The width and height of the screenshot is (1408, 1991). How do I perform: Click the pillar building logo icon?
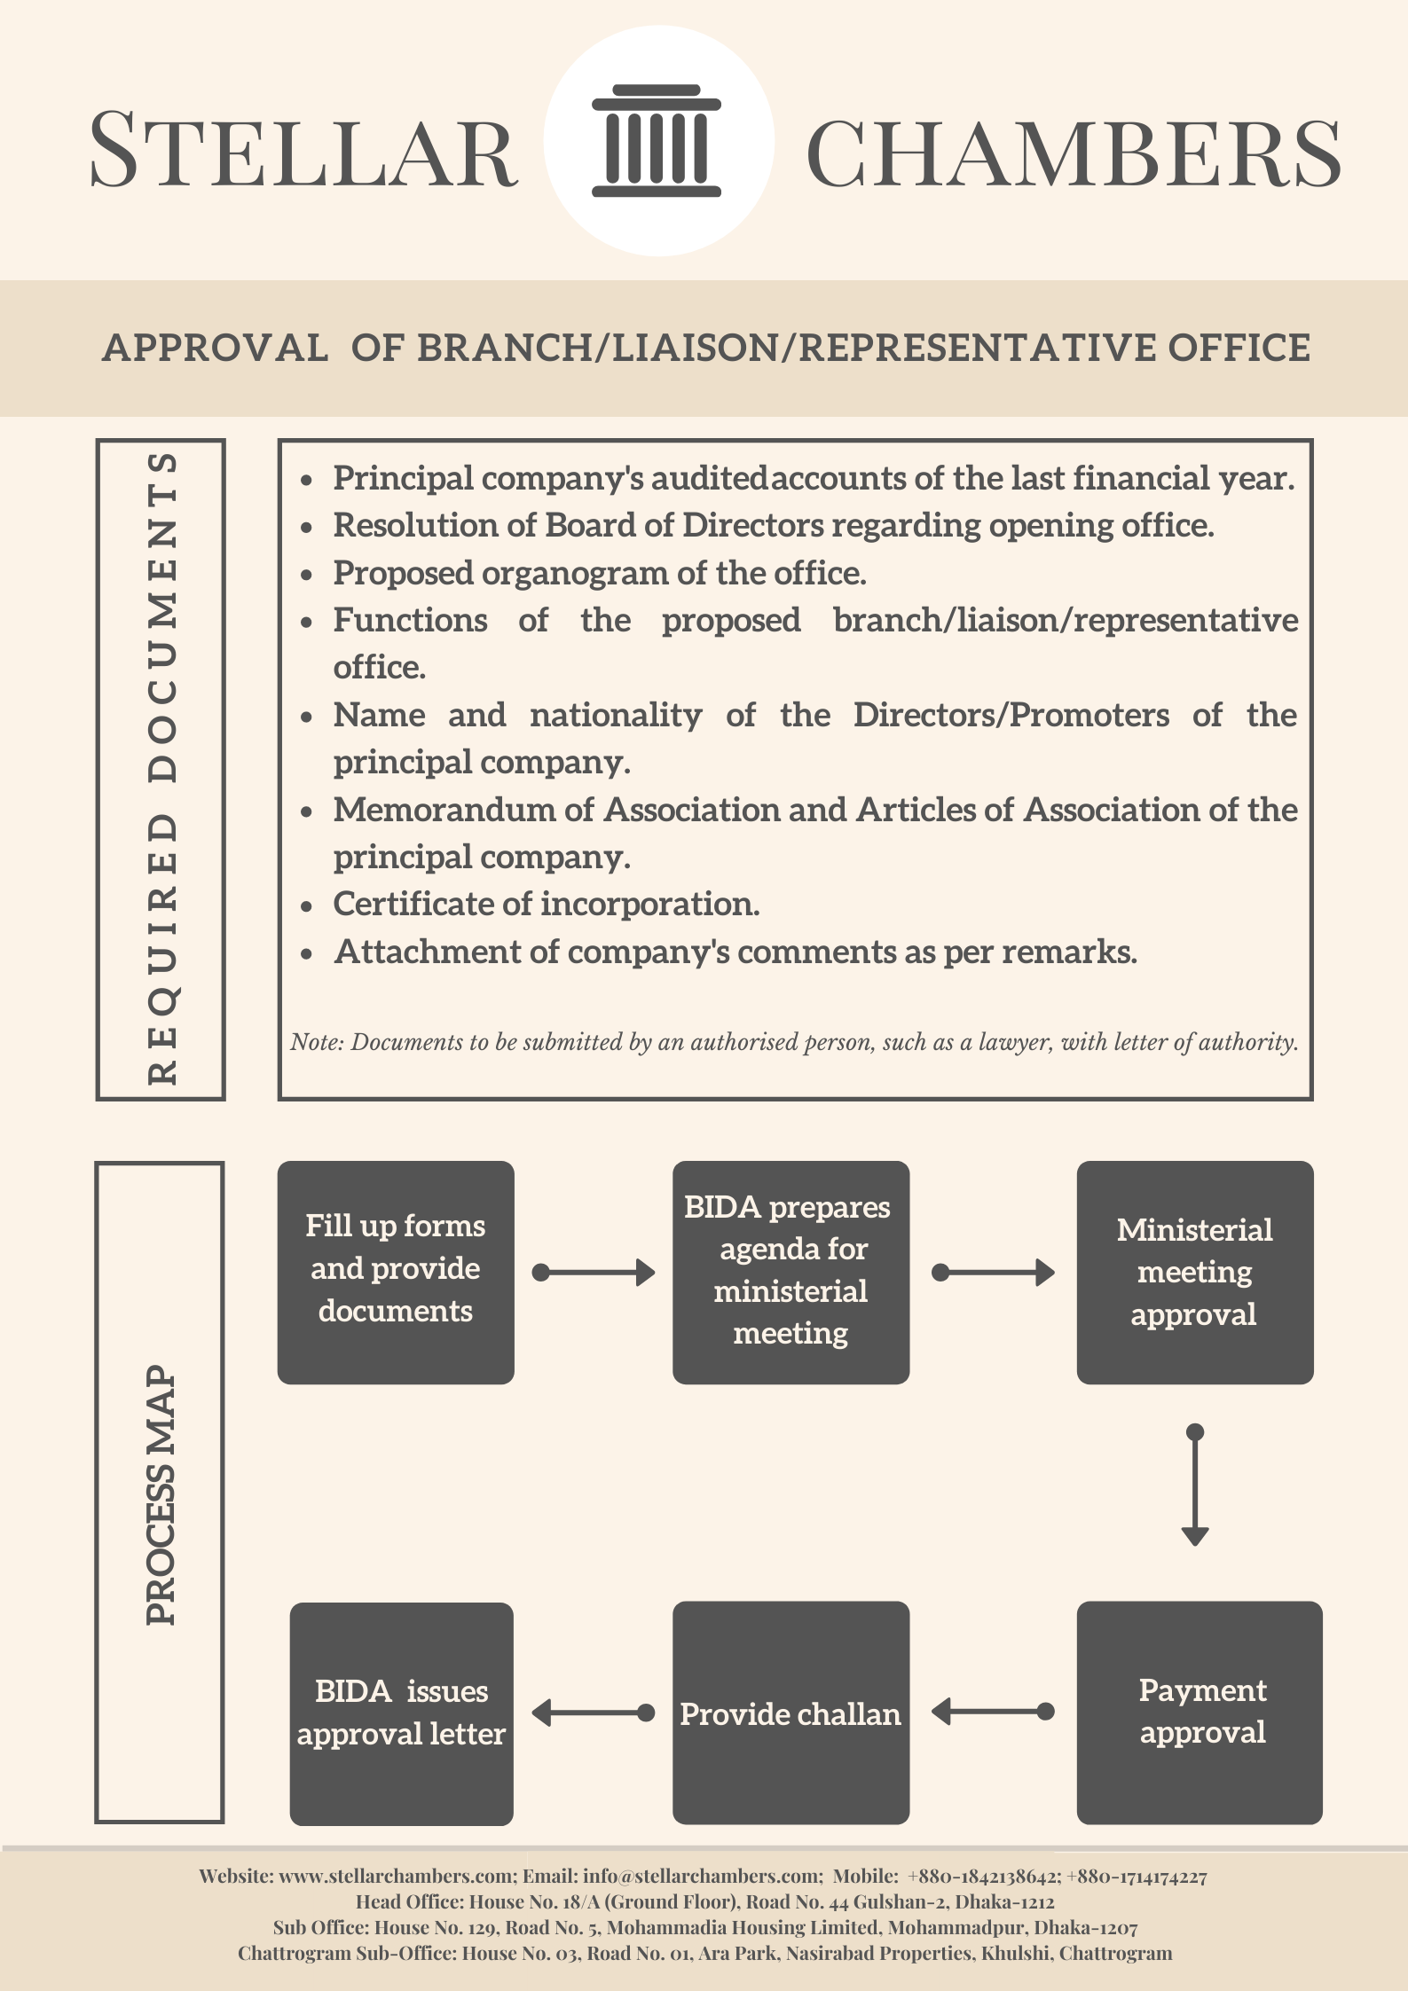tap(657, 141)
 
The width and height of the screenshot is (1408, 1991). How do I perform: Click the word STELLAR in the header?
tap(303, 150)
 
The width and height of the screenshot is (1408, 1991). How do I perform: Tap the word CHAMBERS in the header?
tap(1074, 153)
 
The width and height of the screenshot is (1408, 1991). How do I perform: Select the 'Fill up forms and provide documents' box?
tap(396, 1273)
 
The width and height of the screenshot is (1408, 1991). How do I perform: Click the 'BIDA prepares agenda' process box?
tap(791, 1273)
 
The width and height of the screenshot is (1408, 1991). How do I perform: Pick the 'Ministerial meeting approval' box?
tap(1195, 1273)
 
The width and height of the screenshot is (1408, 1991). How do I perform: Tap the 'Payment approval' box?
tap(1200, 1713)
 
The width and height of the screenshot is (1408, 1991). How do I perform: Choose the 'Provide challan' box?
tap(791, 1713)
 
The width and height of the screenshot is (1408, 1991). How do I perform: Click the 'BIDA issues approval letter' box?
tap(401, 1713)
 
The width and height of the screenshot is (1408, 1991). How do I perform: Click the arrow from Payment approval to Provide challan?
tap(993, 1711)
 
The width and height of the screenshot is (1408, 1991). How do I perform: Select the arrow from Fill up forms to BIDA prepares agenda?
tap(594, 1273)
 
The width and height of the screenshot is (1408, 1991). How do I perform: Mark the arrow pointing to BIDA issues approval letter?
tap(594, 1713)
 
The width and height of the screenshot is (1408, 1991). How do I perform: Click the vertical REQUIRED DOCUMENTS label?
tap(161, 769)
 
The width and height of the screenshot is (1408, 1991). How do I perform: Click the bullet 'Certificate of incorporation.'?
tap(547, 904)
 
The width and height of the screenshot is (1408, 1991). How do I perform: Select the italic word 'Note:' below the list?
tap(317, 1041)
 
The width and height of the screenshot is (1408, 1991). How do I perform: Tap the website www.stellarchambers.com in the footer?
tap(397, 1876)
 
